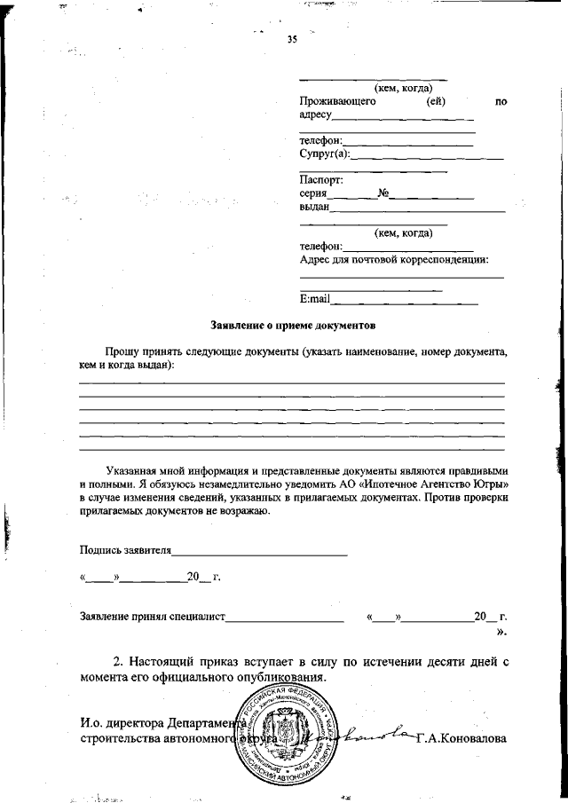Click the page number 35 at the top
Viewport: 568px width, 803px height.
(292, 39)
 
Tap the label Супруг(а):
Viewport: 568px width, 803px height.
(325, 155)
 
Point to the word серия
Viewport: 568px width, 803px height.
(314, 193)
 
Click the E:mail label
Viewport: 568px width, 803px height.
(315, 299)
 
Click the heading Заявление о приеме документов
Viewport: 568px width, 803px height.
(287, 326)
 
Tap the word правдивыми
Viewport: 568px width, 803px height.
(480, 470)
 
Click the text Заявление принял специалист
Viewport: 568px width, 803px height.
(153, 615)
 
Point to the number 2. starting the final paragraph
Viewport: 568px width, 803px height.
(117, 661)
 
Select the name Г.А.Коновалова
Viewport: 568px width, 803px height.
(461, 737)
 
